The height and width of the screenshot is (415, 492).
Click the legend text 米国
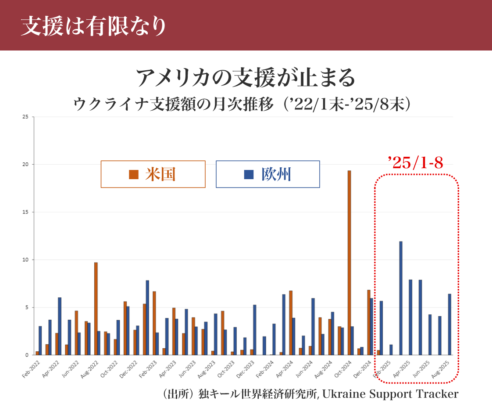(160, 174)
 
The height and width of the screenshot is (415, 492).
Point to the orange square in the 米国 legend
(133, 174)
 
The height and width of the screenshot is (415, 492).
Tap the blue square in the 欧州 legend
(249, 174)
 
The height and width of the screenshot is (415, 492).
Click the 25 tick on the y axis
(25, 117)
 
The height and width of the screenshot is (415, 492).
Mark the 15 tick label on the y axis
(25, 212)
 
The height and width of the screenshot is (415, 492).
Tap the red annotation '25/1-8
(415, 163)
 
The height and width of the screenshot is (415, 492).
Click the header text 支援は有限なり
(94, 26)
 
